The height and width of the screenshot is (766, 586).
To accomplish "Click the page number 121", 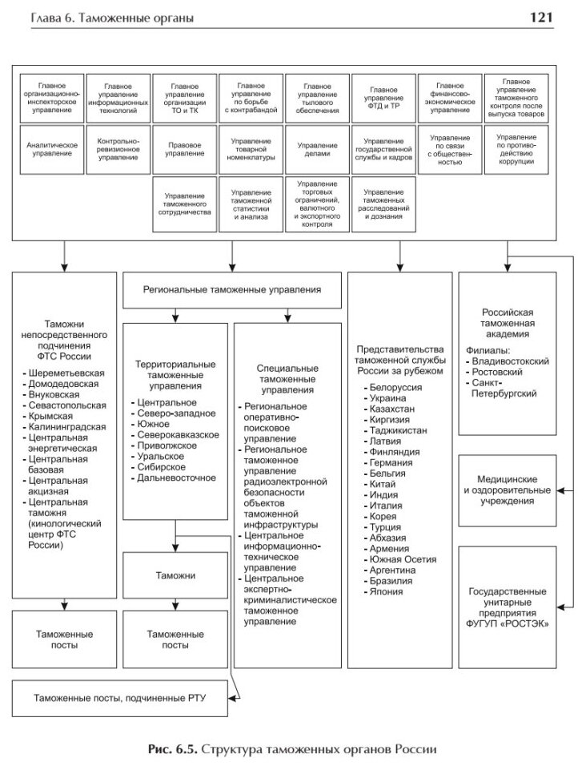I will tap(556, 17).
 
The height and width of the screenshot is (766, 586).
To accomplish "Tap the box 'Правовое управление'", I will tap(185, 149).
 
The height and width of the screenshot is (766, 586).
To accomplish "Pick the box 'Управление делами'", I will tap(317, 149).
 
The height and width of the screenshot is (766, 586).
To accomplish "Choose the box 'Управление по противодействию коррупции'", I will tap(516, 149).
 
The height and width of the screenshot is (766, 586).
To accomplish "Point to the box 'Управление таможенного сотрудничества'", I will tap(185, 205).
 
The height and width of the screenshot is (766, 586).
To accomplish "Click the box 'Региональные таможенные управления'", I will tap(232, 289).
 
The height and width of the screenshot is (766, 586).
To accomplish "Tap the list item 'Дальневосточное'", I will tap(175, 478).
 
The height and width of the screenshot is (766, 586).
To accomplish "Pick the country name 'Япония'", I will tap(381, 592).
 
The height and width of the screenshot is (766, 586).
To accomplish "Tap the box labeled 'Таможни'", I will tap(175, 575).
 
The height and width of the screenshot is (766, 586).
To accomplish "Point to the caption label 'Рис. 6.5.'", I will tap(171, 750).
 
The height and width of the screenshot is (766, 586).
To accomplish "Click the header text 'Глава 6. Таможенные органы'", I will tap(111, 18).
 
